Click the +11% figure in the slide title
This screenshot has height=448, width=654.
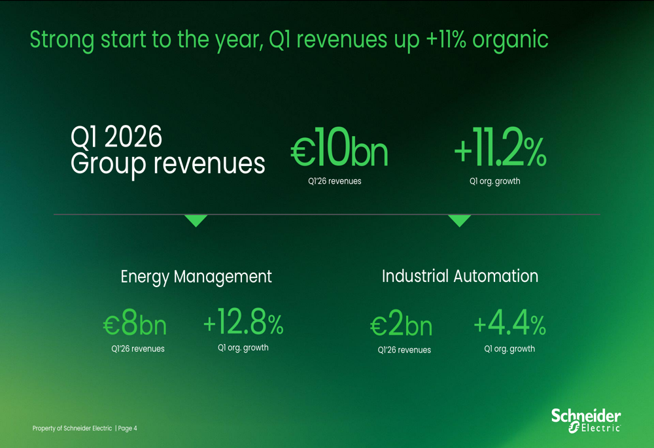446,39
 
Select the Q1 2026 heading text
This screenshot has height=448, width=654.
116,137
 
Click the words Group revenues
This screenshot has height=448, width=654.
167,164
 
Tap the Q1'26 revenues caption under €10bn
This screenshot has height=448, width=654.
334,181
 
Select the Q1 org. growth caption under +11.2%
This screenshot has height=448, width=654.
494,181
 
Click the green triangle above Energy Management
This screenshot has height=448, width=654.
196,220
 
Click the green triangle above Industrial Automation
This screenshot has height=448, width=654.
459,220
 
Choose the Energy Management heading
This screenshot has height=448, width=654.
196,277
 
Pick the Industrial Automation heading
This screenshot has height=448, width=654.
460,276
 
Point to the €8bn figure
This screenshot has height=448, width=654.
135,324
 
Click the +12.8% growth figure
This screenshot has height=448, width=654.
243,322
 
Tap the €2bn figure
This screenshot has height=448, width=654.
401,325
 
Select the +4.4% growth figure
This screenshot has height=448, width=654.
509,323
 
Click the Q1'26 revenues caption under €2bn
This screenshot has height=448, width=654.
404,350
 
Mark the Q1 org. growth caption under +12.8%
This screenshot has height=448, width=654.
243,348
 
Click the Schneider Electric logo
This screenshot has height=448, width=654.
585,420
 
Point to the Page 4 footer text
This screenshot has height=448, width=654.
128,428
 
